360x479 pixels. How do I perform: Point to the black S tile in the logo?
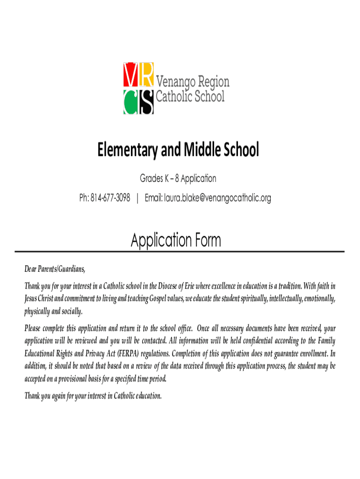pos(146,102)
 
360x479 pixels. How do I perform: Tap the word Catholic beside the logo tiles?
pos(174,97)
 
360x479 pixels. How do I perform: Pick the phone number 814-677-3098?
pos(110,198)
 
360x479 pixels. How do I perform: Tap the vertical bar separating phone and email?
pos(137,198)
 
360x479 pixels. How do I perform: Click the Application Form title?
pos(176,241)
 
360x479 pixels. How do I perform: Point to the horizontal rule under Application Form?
pos(180,252)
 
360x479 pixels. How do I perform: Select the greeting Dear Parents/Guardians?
pos(55,269)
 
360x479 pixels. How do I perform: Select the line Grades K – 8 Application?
pos(178,179)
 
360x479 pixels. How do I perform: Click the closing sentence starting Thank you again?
pos(93,396)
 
